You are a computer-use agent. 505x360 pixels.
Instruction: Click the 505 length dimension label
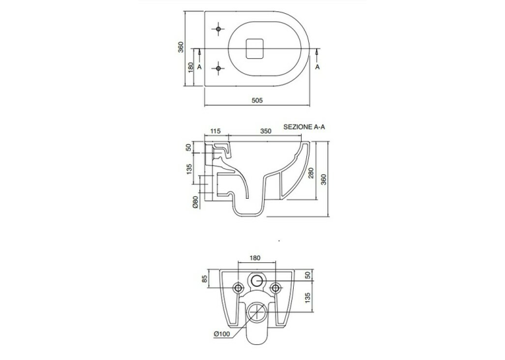pyautogui.click(x=257, y=100)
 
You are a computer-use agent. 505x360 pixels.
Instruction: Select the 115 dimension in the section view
pyautogui.click(x=215, y=131)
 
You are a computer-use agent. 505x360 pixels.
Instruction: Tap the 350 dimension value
pyautogui.click(x=266, y=131)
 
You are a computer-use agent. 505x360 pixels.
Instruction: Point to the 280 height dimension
pyautogui.click(x=311, y=173)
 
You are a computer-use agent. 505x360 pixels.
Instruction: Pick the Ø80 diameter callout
pyautogui.click(x=195, y=201)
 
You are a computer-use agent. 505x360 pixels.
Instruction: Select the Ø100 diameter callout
pyautogui.click(x=222, y=334)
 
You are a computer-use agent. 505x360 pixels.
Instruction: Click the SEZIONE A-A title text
pyautogui.click(x=304, y=127)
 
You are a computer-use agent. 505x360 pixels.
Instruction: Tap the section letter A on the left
pyautogui.click(x=199, y=67)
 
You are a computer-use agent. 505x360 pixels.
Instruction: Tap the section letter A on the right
pyautogui.click(x=318, y=67)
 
